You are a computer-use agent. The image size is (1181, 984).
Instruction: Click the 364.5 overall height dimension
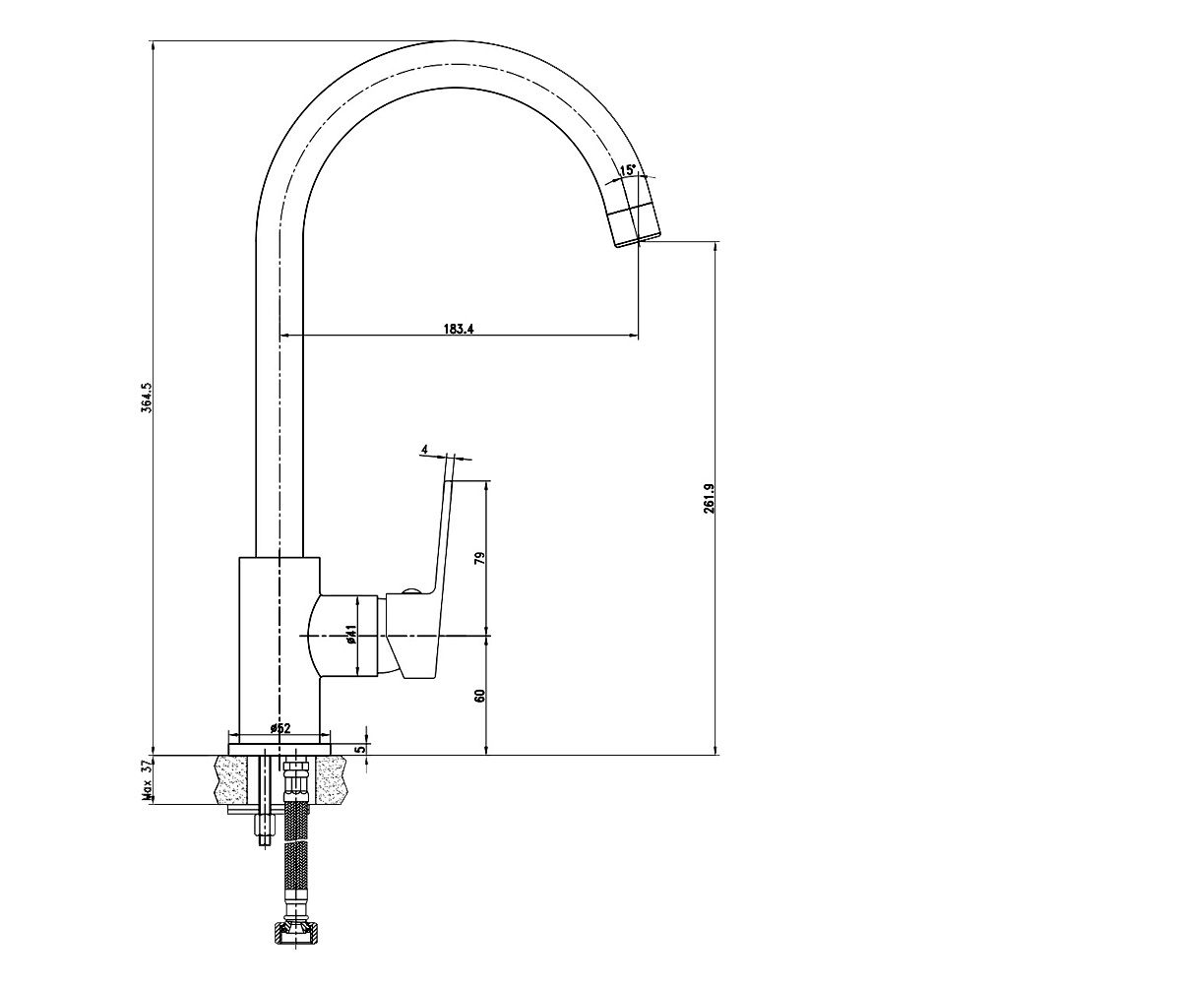click(146, 398)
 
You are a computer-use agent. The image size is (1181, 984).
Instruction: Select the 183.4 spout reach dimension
click(459, 329)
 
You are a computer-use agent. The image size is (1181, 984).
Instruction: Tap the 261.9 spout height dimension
click(710, 498)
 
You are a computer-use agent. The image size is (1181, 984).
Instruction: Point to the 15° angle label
click(628, 169)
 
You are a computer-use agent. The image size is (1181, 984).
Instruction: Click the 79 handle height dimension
click(480, 558)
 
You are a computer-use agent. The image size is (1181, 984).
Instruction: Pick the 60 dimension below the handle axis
click(480, 695)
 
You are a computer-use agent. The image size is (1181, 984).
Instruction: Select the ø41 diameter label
click(350, 634)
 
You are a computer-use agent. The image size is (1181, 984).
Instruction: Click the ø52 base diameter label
click(280, 728)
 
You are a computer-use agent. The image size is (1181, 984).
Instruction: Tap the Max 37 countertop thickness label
click(147, 781)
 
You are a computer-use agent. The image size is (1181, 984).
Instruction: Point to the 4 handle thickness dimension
click(424, 449)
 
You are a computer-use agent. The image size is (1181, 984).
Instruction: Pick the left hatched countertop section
click(230, 780)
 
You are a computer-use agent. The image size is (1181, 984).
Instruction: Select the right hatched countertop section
click(332, 780)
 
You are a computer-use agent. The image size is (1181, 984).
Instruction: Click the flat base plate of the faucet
click(279, 749)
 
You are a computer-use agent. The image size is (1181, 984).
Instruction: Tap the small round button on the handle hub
click(410, 592)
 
